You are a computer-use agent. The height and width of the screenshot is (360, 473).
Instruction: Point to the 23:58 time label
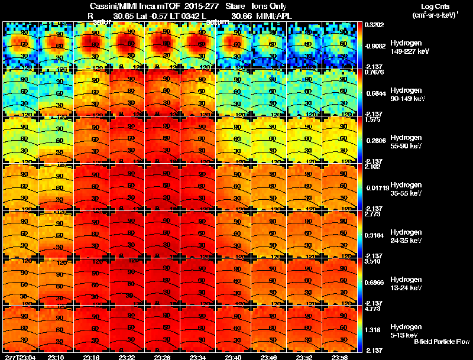(x=339, y=357)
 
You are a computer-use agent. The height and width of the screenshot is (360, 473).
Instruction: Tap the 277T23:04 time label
(x=20, y=357)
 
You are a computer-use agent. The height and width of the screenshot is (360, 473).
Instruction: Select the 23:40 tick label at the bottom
(x=233, y=357)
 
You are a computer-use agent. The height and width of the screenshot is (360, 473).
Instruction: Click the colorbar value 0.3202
(x=375, y=25)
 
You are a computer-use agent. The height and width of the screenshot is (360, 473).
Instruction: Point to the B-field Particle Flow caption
(x=442, y=342)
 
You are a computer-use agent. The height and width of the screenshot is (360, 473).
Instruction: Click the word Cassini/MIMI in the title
(x=108, y=6)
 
